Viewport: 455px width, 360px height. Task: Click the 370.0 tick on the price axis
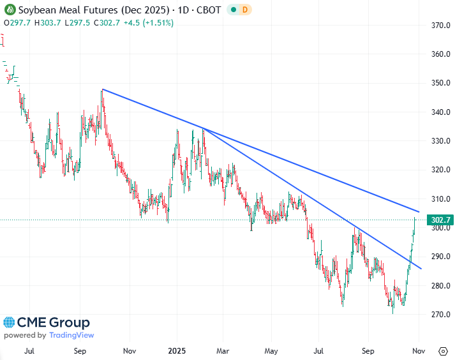[438, 26]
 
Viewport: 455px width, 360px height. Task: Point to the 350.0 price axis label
[438, 83]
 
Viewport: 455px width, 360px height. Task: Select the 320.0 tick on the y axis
[438, 170]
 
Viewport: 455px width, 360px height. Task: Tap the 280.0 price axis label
[438, 285]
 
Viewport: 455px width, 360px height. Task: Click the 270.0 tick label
[438, 315]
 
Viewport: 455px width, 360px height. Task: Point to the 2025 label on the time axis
[175, 350]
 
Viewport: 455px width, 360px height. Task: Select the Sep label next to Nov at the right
[368, 350]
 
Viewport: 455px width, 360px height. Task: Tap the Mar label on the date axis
[223, 350]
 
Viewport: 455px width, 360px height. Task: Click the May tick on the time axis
[271, 350]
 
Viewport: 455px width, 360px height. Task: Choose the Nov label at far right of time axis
[418, 350]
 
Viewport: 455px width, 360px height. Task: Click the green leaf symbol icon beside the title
[9, 10]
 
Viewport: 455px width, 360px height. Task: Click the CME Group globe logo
[11, 323]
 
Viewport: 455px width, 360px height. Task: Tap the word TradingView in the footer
[71, 335]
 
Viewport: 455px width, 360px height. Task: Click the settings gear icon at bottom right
[443, 350]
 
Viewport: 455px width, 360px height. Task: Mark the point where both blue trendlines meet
[203, 129]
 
